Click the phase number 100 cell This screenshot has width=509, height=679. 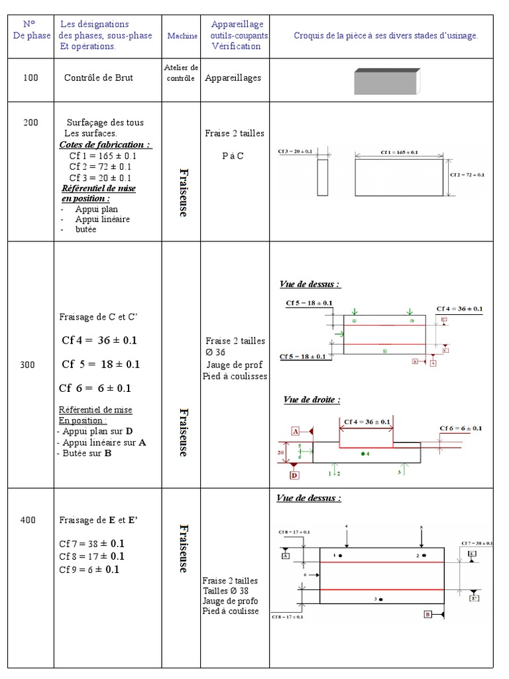point(30,78)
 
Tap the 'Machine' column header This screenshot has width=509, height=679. point(182,36)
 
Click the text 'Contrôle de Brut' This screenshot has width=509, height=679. point(99,78)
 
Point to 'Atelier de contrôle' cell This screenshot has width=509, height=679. point(181,73)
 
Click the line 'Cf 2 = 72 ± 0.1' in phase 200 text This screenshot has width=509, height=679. point(100,166)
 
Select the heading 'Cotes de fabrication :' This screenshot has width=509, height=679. point(105,145)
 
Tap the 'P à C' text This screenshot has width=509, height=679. point(233,156)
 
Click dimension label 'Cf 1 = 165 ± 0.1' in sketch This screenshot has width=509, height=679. point(399,152)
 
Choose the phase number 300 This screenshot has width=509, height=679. point(28,365)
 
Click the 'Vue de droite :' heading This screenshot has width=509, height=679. point(311,400)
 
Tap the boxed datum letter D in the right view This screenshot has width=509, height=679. point(294,475)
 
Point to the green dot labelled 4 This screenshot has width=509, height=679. point(363,454)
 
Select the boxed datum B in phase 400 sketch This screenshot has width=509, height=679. point(429,615)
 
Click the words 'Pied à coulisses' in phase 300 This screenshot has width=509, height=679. point(235,376)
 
